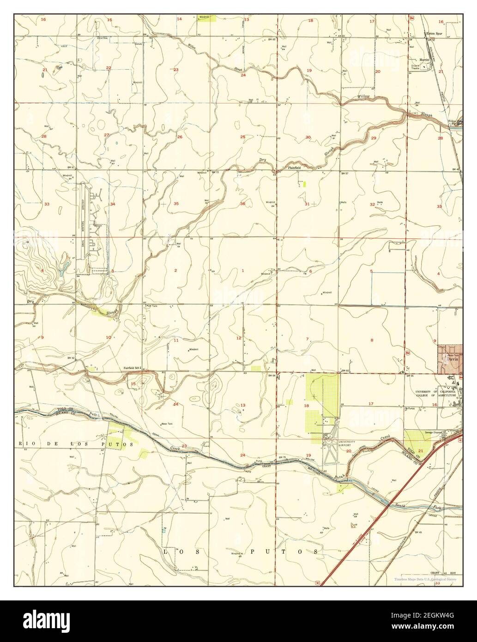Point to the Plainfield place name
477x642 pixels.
(295, 168)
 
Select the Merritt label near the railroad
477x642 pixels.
(424, 60)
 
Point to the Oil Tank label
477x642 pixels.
(152, 306)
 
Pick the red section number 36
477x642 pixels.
(242, 204)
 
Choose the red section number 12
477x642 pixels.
(239, 338)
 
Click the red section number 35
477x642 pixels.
(176, 204)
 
